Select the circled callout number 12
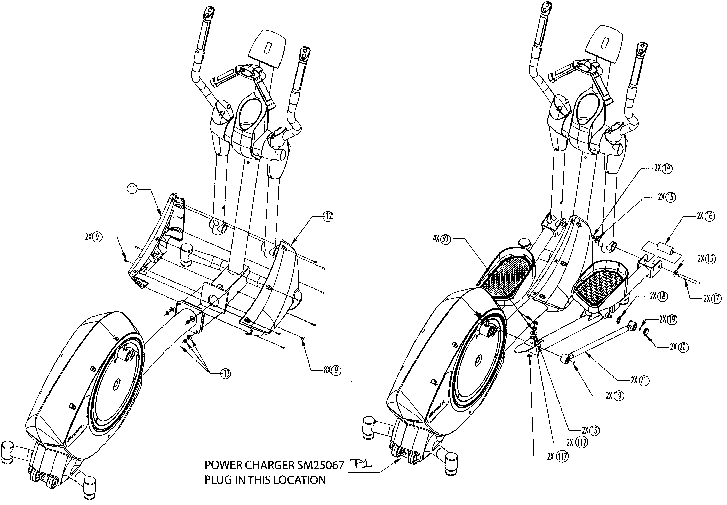328,217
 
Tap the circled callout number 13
226,374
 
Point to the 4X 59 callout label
441,239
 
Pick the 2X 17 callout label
712,298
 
